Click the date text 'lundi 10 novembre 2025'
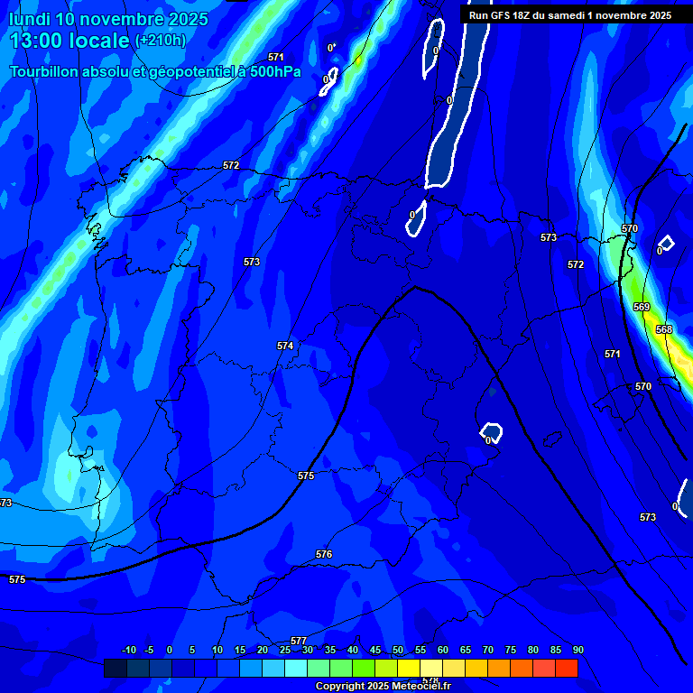point(108,19)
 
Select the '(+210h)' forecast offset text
point(160,41)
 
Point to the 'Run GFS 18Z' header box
point(569,15)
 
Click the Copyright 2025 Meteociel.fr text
point(382,687)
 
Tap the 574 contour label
point(285,346)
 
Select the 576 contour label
point(324,554)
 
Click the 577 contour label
point(299,641)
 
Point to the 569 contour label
point(642,308)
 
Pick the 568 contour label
point(664,329)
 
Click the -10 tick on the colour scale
point(128,651)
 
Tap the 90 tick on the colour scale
point(577,651)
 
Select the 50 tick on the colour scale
point(398,651)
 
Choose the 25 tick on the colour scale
point(285,651)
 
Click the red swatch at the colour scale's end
point(567,668)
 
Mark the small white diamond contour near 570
point(666,242)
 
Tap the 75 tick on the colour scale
point(511,651)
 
